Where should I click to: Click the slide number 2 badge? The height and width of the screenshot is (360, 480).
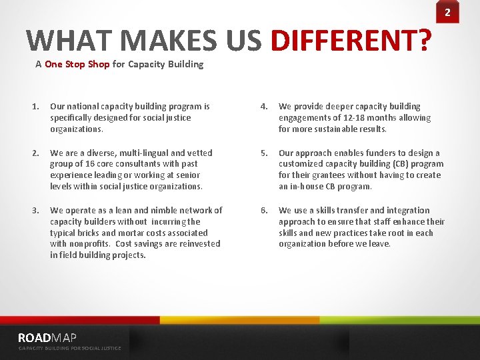tap(447, 12)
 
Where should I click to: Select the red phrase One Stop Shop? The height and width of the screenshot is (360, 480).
tap(77, 65)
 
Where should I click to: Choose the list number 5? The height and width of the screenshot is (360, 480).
tap(264, 153)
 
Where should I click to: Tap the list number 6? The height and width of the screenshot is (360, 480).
tap(264, 210)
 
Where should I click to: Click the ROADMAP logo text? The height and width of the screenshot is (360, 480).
tap(47, 337)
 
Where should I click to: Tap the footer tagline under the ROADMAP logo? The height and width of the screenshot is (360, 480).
tap(69, 348)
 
